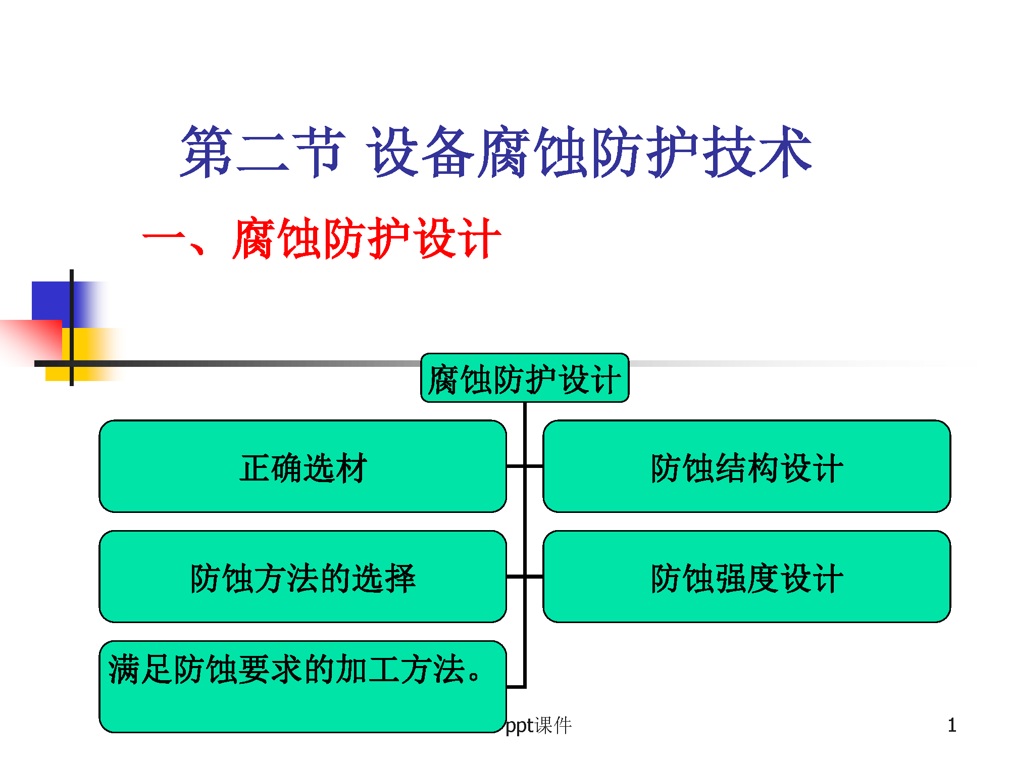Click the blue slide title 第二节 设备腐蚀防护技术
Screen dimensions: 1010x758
(496, 152)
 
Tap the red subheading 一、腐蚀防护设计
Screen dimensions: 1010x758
(322, 238)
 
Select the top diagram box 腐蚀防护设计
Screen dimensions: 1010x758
(525, 378)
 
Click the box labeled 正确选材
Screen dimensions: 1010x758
(303, 466)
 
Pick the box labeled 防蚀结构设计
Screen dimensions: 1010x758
(747, 466)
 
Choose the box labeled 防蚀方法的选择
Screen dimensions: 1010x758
(303, 577)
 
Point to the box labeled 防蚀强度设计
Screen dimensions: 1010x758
(747, 577)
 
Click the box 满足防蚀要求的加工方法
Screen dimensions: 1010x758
(303, 687)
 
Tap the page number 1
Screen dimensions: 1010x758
(952, 726)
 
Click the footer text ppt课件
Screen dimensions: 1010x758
(538, 726)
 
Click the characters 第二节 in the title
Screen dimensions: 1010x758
(263, 152)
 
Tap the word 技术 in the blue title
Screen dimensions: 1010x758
(757, 152)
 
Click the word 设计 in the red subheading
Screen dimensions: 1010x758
(458, 238)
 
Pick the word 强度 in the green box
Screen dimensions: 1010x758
(747, 578)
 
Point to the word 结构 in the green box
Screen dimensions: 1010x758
(747, 468)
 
